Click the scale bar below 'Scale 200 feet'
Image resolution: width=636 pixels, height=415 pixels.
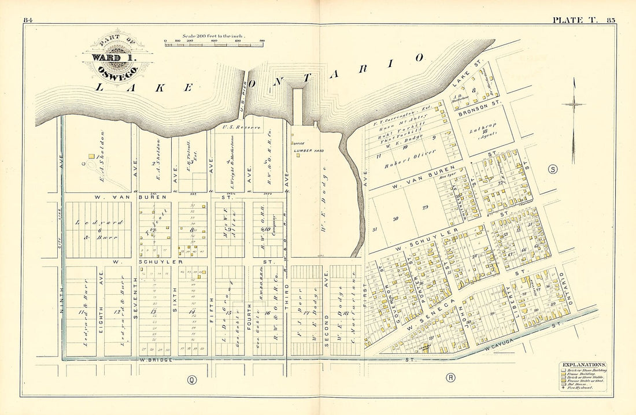point(214,44)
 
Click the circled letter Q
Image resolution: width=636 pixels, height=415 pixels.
point(190,379)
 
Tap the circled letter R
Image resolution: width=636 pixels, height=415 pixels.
point(450,378)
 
